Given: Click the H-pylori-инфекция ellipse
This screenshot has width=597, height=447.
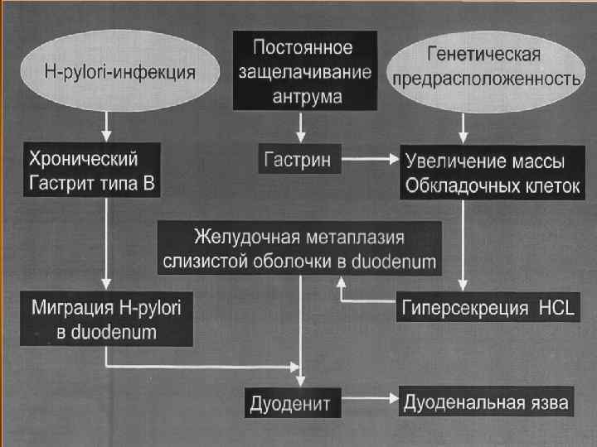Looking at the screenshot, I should [106, 70].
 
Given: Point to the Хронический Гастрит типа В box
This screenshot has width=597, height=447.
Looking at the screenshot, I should [92, 171].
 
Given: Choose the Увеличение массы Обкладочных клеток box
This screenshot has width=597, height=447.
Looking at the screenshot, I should [489, 172].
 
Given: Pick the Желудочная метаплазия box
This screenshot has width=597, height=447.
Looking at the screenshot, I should [300, 249].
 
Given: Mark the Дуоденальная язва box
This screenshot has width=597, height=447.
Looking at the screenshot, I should [486, 402].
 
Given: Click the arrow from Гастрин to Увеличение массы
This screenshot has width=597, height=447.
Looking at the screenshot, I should [370, 158].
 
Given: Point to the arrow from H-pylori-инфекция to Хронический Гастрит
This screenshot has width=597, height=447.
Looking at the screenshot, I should [106, 126].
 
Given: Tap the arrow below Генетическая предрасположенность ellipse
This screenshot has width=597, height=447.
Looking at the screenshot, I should [462, 127].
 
